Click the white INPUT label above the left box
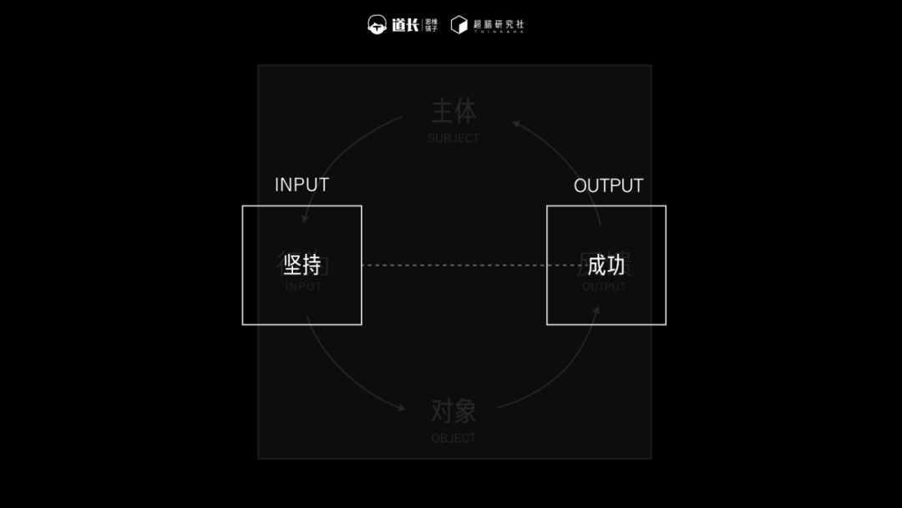coord(302,185)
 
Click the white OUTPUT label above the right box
coord(608,186)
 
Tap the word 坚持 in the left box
coord(302,265)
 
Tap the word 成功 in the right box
coord(606,266)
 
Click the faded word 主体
coord(454,112)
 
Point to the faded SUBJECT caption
coord(454,139)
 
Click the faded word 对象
coord(454,411)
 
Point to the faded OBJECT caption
coord(454,438)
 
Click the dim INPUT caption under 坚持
coord(303,287)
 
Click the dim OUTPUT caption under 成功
coord(604,287)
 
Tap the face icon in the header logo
coord(378,25)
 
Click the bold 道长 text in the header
coord(405,25)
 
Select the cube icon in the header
coord(459,25)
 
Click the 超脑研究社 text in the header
coord(499,23)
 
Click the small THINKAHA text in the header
coord(499,32)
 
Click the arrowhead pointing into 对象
coord(401,408)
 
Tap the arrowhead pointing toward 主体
coord(517,124)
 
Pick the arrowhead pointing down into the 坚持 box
coord(306,218)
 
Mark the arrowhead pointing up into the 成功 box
coord(597,312)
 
